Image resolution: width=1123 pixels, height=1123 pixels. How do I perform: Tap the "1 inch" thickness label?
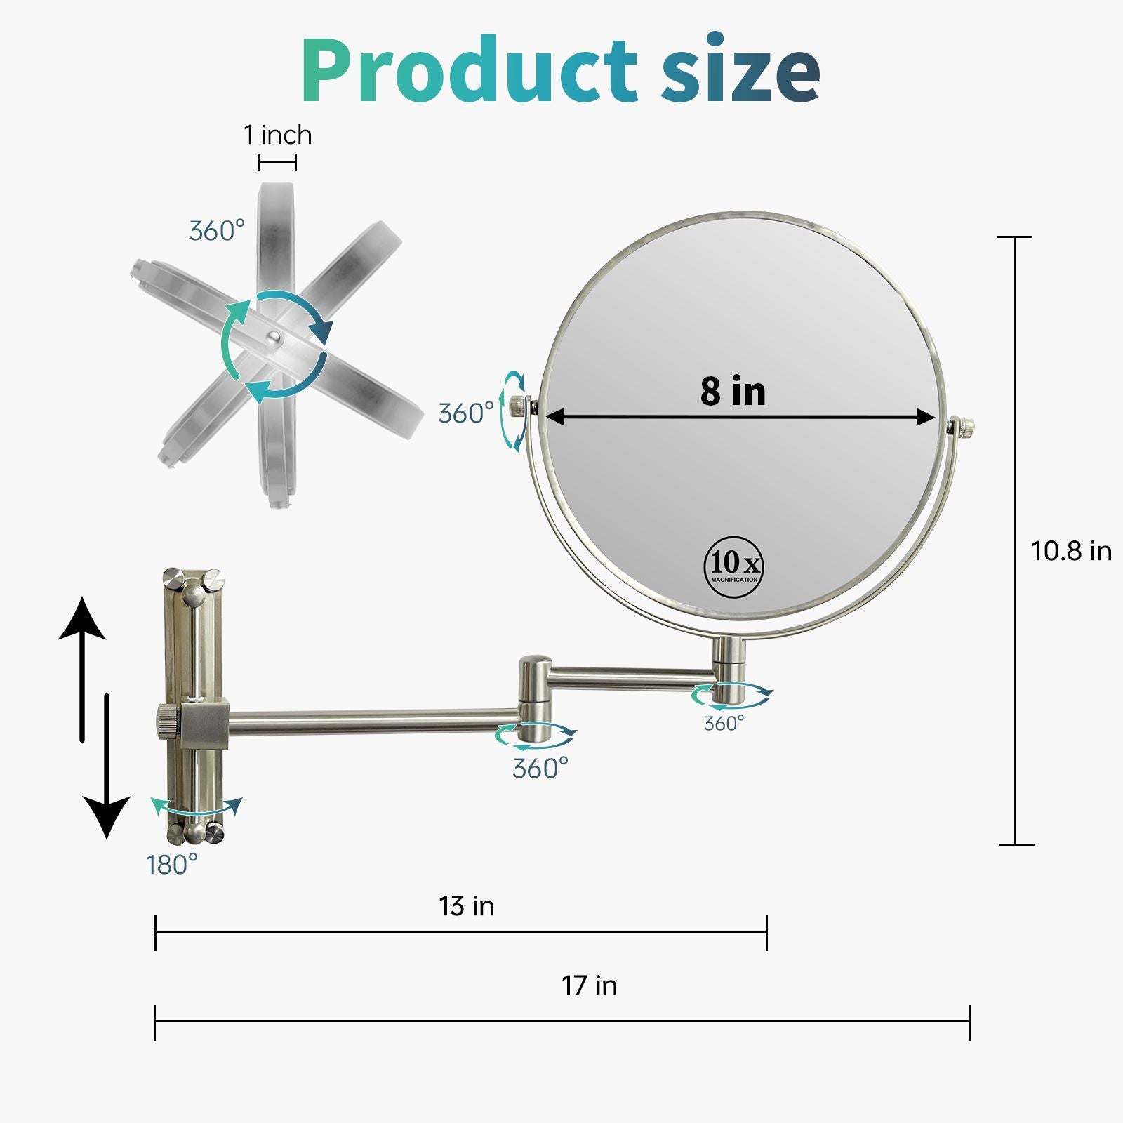[277, 134]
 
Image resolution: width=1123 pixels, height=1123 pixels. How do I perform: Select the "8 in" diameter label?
[733, 390]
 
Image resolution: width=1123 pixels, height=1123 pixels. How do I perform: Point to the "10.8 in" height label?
[1071, 550]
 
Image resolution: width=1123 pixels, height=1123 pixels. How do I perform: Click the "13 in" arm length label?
[467, 905]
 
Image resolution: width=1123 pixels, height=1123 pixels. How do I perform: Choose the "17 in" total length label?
[589, 985]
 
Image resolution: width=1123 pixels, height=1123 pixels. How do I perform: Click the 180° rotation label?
[172, 865]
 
